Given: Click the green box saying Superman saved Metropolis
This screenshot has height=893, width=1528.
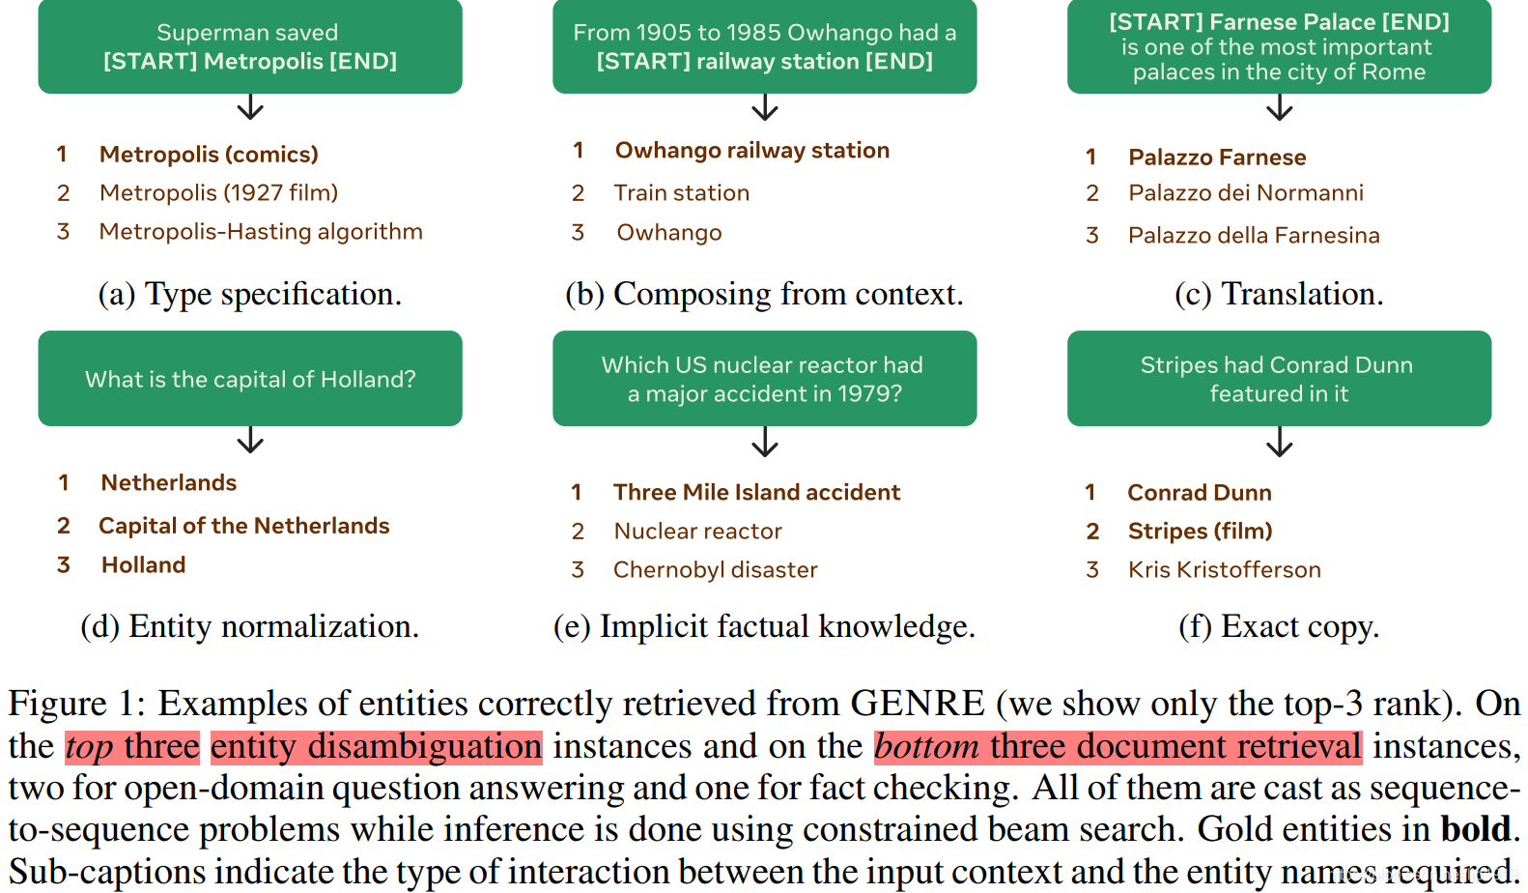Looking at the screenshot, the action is (x=249, y=46).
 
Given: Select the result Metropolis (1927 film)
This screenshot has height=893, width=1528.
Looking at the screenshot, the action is (x=218, y=193).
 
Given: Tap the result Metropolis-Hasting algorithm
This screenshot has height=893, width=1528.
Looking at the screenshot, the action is (x=261, y=232).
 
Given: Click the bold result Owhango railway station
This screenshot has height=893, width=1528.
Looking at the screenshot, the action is (x=751, y=151).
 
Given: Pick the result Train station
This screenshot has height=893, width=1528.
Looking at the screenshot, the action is (x=681, y=193).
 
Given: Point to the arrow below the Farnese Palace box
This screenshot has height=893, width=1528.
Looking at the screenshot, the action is (x=1279, y=107).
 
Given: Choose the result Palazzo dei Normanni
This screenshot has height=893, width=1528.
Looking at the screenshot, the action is (x=1245, y=193).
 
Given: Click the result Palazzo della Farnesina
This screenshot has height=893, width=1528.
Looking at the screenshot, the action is (x=1253, y=236).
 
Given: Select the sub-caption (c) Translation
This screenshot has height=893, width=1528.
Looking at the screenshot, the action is (x=1279, y=294).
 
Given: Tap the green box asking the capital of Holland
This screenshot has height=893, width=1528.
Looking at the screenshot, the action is (x=249, y=379).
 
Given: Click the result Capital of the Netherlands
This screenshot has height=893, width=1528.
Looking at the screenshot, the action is (x=243, y=526).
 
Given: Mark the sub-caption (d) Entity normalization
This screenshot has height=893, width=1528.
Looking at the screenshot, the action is (x=249, y=626).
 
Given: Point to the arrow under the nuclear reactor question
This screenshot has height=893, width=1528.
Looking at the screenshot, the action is (x=764, y=442).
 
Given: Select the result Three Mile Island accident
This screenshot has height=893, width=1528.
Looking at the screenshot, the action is (x=756, y=493).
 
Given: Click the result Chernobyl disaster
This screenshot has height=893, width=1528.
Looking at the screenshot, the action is (x=715, y=570).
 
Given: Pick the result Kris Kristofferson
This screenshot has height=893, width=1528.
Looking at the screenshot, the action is (x=1224, y=570).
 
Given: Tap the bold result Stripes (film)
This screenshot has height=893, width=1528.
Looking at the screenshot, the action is (x=1200, y=532).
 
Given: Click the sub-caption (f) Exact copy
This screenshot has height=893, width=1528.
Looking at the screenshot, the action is (x=1279, y=626).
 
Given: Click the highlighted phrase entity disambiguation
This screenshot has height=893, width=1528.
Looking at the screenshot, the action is (x=376, y=746).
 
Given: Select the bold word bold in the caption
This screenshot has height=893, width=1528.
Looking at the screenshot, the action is (x=1475, y=829).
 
